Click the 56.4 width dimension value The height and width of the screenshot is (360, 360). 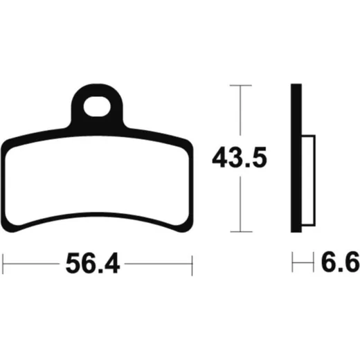[93, 263]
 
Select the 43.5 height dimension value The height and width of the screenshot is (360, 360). [240, 157]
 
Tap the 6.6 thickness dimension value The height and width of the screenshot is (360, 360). [341, 262]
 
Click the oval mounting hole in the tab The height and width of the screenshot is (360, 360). [97, 107]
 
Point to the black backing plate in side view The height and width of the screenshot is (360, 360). [296, 158]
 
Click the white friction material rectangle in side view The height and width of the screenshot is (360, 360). [309, 181]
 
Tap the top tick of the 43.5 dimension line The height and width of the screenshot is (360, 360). [240, 85]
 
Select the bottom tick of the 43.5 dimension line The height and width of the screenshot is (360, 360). [241, 231]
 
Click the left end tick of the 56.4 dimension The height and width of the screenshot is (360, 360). [3, 264]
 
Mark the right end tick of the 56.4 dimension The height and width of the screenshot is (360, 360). [192, 265]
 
